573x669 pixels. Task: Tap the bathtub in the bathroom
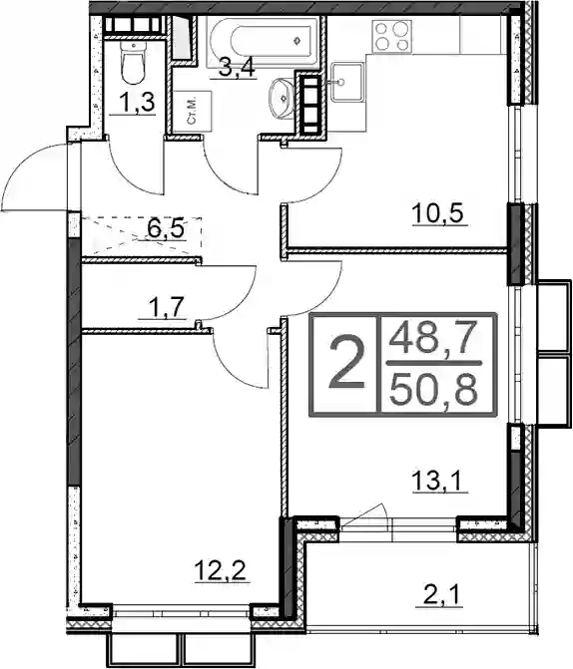point(264,42)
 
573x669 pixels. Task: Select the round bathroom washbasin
point(282,98)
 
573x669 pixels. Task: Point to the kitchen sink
point(347,82)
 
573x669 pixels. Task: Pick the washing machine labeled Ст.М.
point(193,111)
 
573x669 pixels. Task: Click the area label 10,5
point(439,213)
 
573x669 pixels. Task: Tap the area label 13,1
point(440,482)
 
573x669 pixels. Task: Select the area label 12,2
point(222,571)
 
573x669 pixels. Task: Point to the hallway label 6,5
point(166,229)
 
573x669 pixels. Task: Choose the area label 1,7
point(163,308)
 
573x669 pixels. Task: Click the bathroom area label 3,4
point(237,68)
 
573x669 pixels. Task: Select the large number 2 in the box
point(346,362)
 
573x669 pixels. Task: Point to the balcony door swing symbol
point(364,516)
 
